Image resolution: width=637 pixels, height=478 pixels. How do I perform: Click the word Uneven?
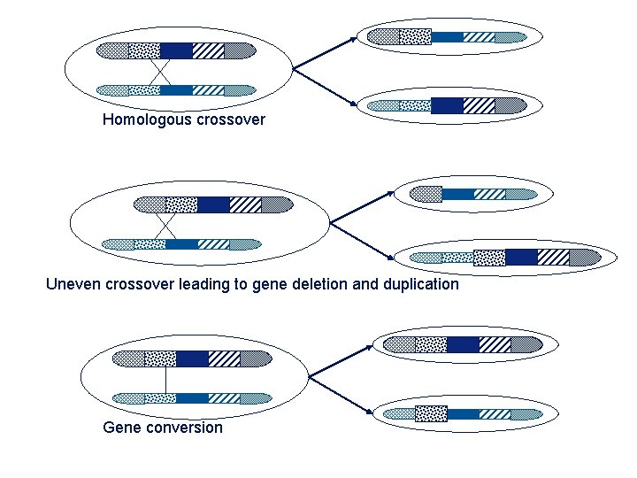[73, 284]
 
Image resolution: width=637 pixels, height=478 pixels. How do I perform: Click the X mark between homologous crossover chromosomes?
[160, 71]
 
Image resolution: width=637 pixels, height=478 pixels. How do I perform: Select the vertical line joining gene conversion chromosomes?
[165, 378]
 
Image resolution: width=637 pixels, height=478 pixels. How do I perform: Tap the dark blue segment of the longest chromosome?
[521, 258]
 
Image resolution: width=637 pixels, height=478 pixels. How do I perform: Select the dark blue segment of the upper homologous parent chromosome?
[176, 50]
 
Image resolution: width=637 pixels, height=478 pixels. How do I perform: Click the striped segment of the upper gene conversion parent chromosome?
[224, 358]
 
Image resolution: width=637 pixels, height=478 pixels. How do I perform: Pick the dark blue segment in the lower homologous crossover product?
[447, 105]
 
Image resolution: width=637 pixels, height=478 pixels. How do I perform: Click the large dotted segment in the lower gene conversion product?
[431, 413]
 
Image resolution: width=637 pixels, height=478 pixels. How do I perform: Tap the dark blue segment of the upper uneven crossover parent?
[213, 204]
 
